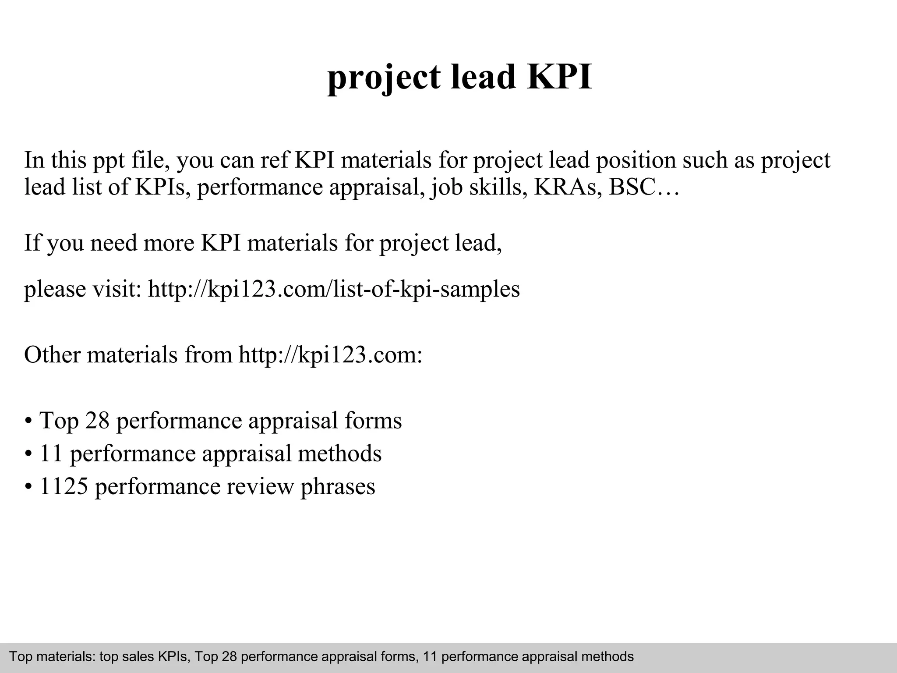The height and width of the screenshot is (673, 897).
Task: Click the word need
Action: [113, 243]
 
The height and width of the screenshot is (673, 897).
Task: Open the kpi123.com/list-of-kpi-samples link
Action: [334, 289]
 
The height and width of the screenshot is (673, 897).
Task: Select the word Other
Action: [52, 354]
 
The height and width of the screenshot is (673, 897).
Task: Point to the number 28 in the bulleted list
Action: [96, 420]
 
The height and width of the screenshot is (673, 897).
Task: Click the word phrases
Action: [338, 487]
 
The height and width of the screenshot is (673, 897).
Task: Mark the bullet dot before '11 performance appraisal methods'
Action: [28, 454]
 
